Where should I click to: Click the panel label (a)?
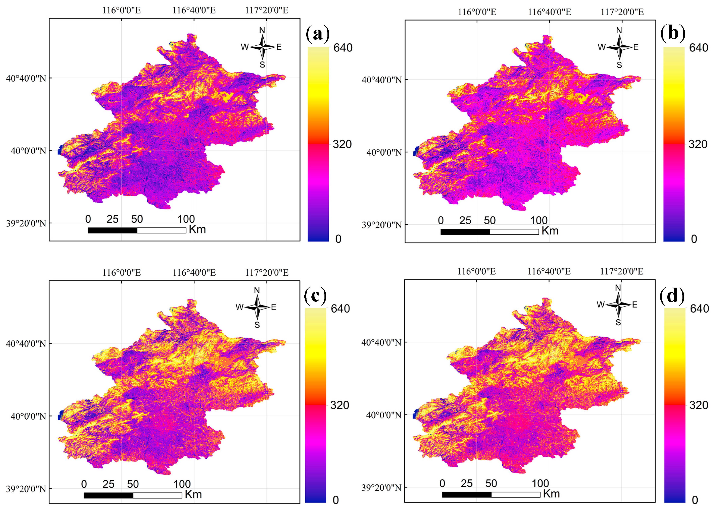coord(317,34)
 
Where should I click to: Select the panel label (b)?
coord(673,34)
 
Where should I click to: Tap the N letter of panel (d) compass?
coord(618,288)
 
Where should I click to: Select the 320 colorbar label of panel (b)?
coord(698,144)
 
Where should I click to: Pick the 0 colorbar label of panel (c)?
coord(336,500)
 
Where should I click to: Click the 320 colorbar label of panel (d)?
coord(698,405)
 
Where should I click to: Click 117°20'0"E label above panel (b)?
coord(622,12)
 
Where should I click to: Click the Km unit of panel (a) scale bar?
coord(197,230)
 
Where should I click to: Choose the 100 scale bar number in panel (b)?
coord(539,220)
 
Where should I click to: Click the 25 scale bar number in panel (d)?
coord(467,484)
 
